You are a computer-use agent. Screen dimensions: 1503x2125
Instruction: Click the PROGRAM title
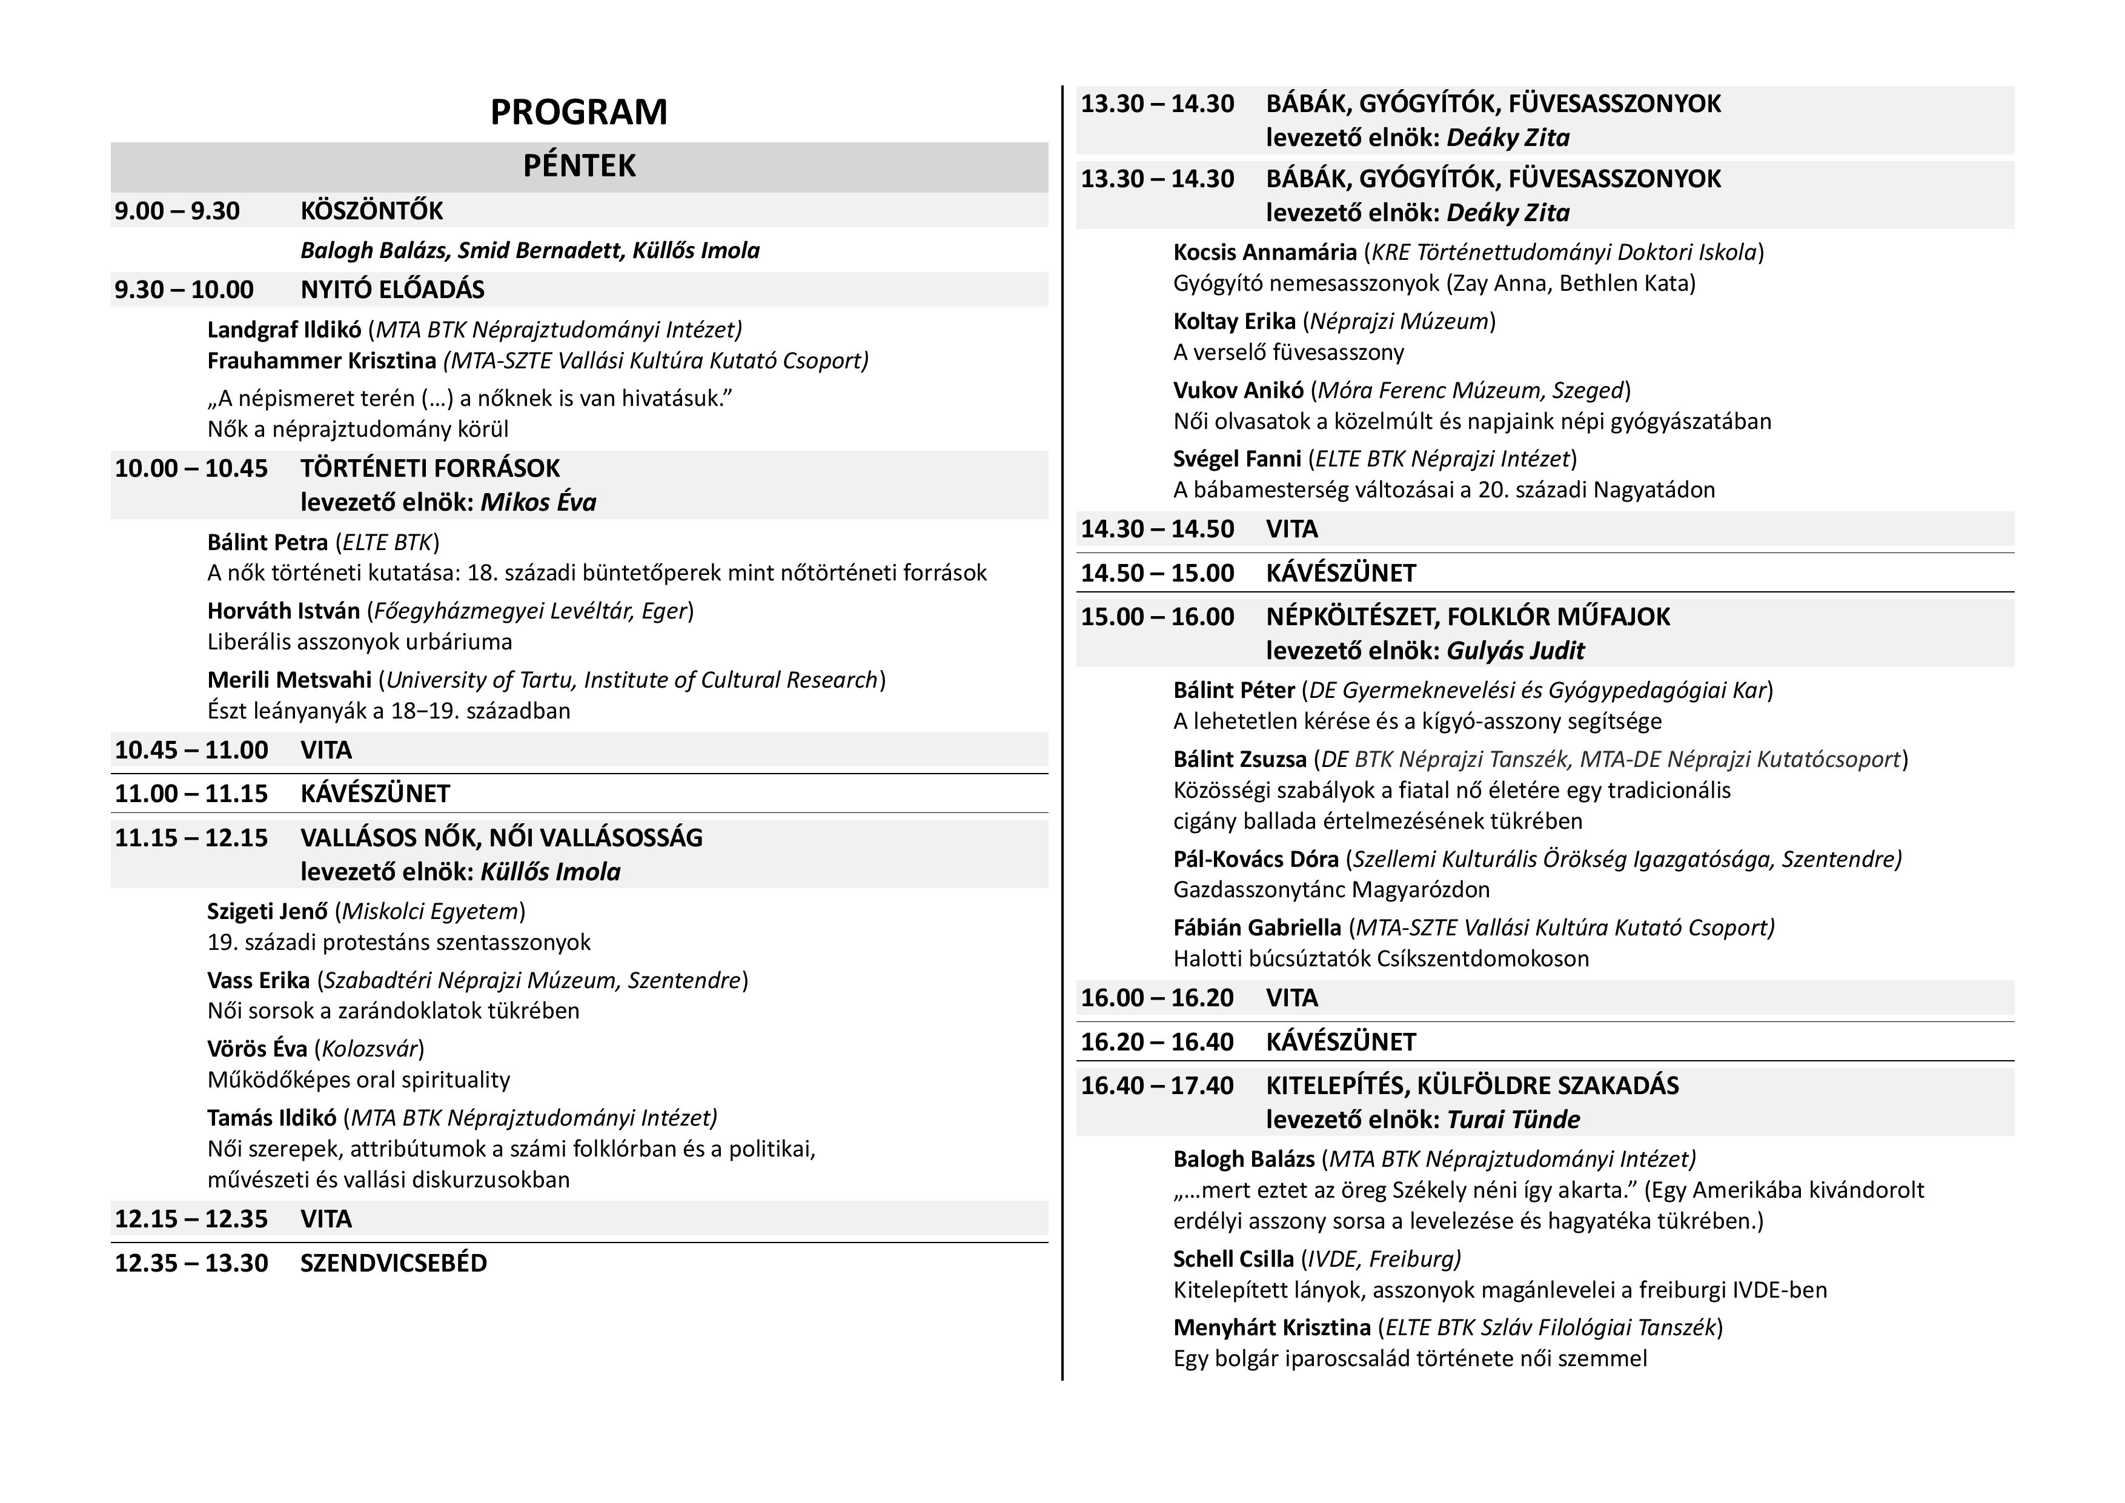578,112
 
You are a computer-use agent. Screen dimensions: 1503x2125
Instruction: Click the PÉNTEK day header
579,165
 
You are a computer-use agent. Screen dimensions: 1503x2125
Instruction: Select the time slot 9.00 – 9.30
177,211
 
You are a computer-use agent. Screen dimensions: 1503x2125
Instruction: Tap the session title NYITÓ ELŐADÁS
393,290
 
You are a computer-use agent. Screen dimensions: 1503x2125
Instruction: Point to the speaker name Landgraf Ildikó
284,330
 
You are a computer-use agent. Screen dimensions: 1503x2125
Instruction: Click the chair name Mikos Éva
538,503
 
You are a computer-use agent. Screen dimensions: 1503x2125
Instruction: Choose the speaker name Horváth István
283,611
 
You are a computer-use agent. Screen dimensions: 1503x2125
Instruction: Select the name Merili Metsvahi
289,680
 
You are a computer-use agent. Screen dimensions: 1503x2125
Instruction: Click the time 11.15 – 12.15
191,838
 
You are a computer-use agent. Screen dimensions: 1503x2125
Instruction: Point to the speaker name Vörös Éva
257,1049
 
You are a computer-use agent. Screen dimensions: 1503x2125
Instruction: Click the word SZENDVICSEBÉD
393,1263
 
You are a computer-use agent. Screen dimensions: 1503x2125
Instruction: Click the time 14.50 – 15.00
1157,573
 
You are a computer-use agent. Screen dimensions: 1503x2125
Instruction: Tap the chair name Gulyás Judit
1515,651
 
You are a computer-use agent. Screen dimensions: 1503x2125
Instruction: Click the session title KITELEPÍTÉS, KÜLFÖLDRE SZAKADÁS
1471,1086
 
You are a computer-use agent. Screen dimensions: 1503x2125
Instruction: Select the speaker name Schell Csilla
1234,1259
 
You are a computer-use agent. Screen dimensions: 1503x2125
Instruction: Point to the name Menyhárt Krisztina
1271,1328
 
